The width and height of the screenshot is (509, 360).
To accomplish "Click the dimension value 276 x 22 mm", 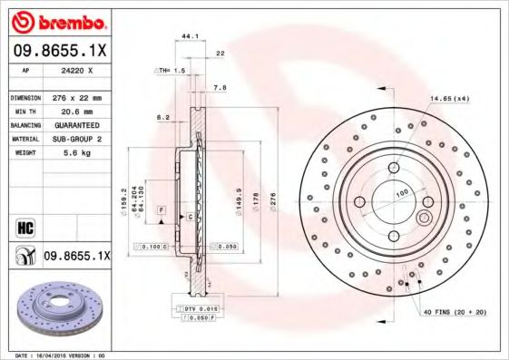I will click(76, 97).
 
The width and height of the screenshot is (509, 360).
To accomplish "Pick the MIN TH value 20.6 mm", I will click(76, 111).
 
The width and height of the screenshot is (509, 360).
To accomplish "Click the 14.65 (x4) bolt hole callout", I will click(449, 98).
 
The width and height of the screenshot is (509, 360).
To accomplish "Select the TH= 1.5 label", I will click(171, 69).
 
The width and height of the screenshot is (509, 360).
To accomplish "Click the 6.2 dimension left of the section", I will click(162, 117).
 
